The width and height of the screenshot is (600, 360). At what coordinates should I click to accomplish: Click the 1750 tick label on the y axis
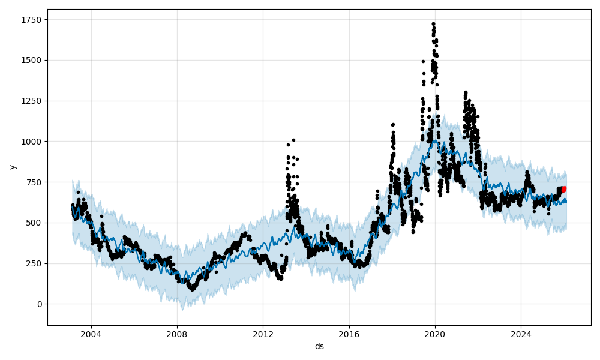32,20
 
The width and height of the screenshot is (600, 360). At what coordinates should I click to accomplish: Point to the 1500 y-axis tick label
32,60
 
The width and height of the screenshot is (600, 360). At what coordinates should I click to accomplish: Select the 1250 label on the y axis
32,101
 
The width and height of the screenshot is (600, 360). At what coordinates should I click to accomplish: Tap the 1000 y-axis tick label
32,142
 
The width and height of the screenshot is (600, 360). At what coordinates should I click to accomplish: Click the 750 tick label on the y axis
34,182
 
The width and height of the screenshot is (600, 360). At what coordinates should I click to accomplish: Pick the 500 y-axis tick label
34,223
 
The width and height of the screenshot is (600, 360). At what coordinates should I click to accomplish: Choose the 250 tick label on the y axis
34,263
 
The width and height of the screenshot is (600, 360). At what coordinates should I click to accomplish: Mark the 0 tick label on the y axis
39,304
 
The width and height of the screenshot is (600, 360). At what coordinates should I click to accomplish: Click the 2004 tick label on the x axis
91,334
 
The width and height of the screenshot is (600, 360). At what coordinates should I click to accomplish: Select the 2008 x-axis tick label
177,334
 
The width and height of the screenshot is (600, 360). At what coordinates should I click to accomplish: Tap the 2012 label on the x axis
263,334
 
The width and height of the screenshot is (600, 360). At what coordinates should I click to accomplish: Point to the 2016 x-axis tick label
349,334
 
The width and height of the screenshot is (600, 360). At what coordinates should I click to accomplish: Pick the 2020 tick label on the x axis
435,334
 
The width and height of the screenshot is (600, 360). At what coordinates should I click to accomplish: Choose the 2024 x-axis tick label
521,334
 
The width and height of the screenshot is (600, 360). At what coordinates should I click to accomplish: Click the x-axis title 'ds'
319,346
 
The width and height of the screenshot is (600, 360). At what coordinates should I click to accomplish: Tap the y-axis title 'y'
12,167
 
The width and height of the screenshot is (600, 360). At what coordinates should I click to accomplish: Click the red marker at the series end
563,189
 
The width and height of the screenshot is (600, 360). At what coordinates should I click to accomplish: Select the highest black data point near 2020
433,24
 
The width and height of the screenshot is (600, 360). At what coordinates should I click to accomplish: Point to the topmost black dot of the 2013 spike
293,140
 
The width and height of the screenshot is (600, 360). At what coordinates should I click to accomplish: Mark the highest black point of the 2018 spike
393,125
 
